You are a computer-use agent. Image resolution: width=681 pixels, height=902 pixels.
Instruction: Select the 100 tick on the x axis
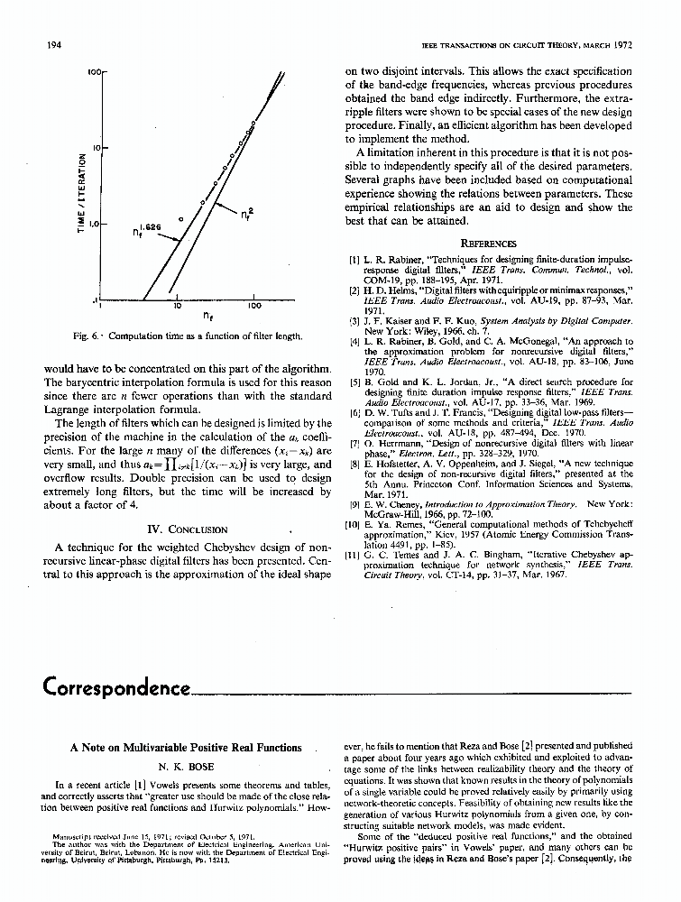pos(254,307)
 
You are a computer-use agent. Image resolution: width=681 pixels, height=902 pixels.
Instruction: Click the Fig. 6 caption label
pos(88,336)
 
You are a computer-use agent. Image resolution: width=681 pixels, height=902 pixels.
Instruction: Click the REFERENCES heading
pos(488,243)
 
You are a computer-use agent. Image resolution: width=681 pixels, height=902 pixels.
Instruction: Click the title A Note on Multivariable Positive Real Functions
pos(186,747)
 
